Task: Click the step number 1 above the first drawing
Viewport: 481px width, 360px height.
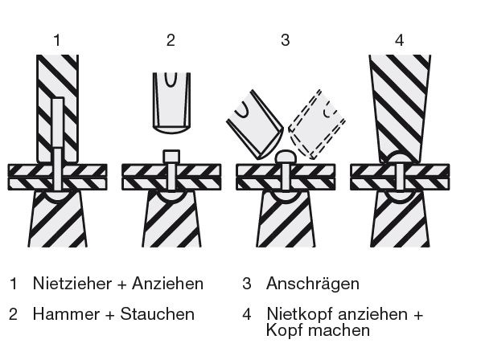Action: (57, 40)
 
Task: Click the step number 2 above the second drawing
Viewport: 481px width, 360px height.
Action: (171, 40)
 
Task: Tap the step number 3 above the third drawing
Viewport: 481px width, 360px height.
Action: (286, 40)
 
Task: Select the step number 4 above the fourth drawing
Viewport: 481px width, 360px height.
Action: (400, 40)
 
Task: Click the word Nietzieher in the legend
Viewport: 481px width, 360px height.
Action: (72, 283)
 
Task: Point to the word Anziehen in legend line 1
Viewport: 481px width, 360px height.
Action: (167, 283)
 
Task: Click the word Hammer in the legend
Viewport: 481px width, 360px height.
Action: (66, 314)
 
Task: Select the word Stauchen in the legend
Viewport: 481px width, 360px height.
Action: (158, 314)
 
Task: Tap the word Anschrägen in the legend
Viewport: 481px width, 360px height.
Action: (313, 284)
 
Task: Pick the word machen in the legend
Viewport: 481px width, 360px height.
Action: (339, 330)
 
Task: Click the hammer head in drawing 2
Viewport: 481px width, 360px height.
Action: (171, 103)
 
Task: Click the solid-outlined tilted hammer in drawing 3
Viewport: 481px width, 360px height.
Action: (254, 125)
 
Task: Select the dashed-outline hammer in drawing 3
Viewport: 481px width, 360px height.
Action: (317, 125)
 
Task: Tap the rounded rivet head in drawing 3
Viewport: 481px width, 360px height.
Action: (286, 157)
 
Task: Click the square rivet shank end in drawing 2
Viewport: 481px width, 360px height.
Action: (171, 157)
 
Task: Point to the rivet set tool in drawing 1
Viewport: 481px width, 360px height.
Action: (57, 108)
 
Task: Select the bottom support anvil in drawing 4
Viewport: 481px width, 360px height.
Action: (400, 219)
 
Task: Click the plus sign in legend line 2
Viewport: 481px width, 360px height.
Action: (109, 315)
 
